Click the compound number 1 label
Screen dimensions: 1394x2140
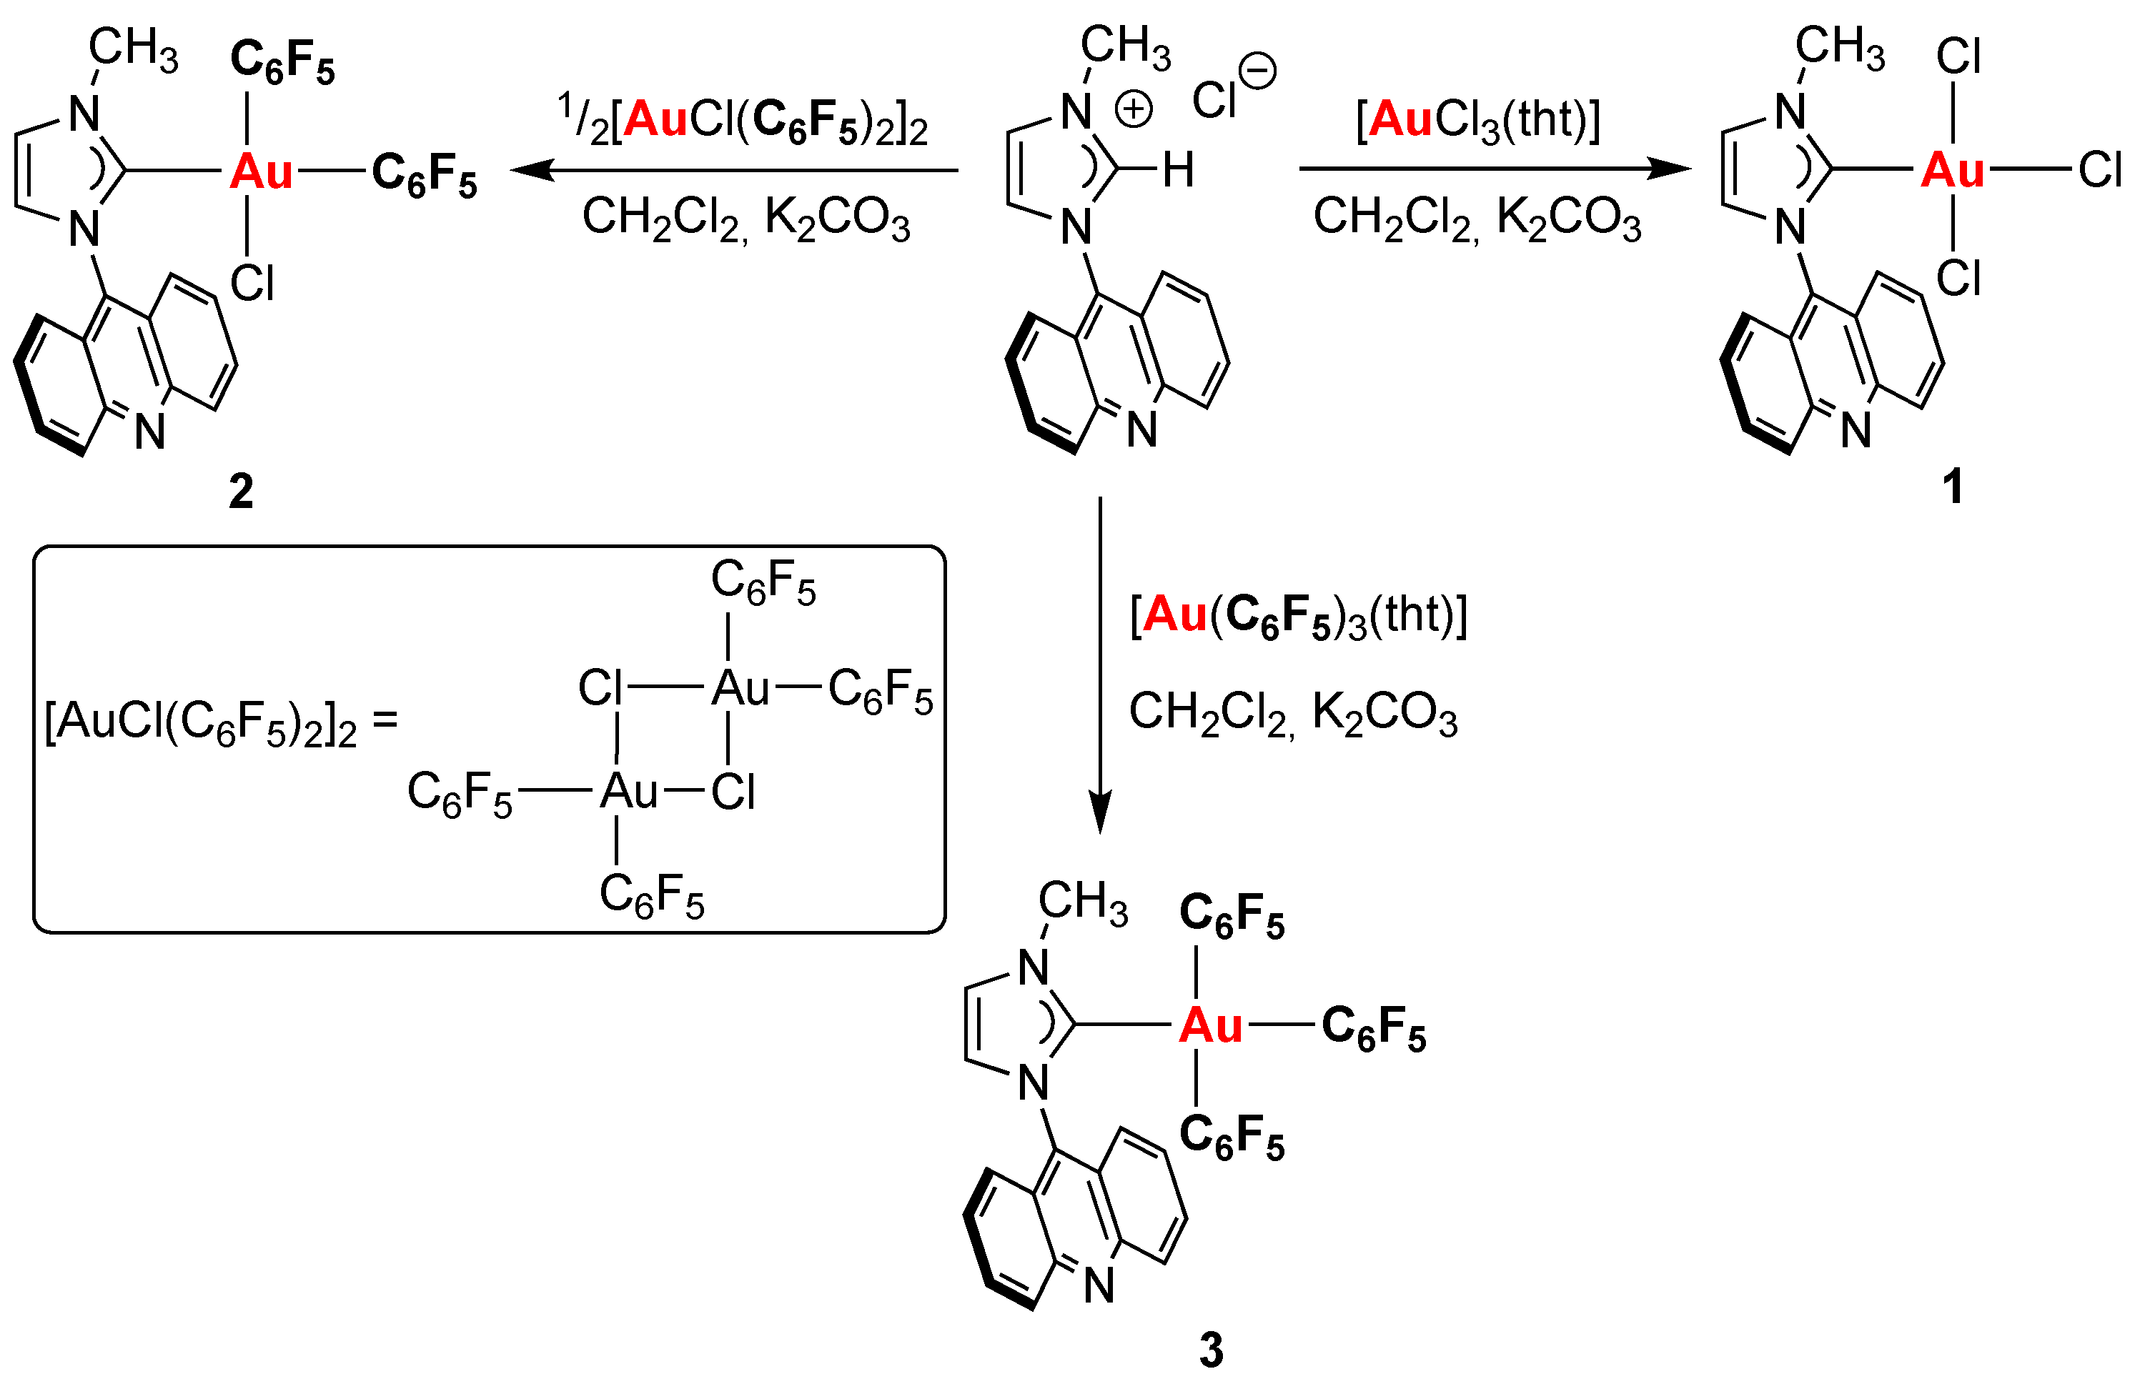click(x=1952, y=487)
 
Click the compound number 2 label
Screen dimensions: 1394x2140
click(x=241, y=492)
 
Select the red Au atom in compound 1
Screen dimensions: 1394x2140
click(x=1952, y=170)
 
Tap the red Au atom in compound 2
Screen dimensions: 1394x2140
click(x=261, y=171)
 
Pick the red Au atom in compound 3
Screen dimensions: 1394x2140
click(x=1210, y=1025)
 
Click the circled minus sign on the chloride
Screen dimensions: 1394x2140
click(x=1258, y=72)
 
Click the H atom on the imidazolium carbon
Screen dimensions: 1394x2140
click(x=1178, y=170)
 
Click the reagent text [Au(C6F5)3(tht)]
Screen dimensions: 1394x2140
click(x=1297, y=617)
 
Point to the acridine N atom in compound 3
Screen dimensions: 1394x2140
click(x=1099, y=1285)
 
